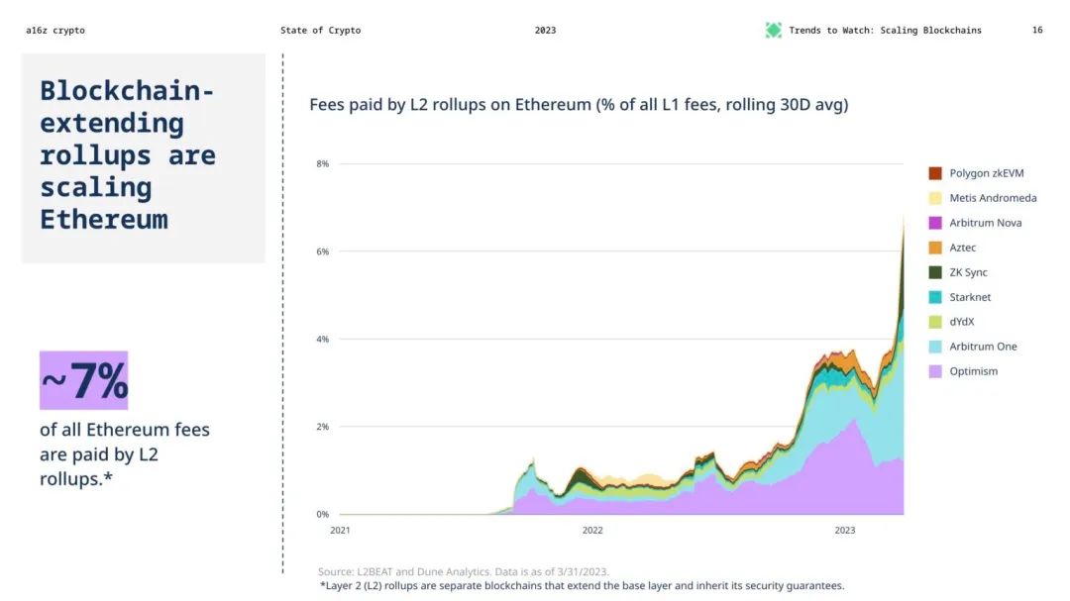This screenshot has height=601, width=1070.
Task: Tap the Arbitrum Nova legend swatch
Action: (935, 223)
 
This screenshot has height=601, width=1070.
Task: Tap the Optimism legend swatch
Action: (935, 371)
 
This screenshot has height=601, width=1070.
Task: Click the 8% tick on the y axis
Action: (322, 164)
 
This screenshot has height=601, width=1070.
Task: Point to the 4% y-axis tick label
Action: (322, 340)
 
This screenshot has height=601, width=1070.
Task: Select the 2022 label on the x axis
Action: (592, 531)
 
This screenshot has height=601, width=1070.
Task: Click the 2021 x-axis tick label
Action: (340, 531)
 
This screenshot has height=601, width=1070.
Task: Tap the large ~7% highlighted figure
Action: (84, 380)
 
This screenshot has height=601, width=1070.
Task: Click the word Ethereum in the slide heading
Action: (103, 219)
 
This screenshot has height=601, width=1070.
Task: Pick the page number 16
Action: (1037, 31)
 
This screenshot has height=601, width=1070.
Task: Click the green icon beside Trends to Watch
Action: (774, 31)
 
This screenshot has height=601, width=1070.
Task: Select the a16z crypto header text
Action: (55, 31)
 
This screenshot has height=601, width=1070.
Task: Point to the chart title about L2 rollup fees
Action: (579, 105)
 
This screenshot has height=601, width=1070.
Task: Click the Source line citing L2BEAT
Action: (464, 571)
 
